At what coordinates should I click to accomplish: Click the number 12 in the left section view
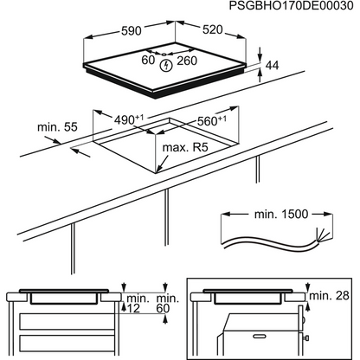point(132,309)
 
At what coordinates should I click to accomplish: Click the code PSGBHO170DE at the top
point(277,7)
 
